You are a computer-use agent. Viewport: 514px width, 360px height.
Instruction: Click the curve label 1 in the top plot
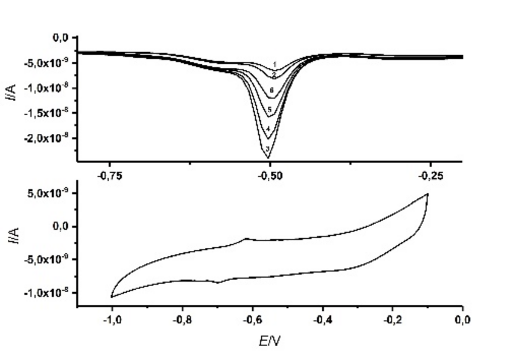pos(275,64)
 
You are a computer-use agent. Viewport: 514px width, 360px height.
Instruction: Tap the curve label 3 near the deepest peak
pos(268,149)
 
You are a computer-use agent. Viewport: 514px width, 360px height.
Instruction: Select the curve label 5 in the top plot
pos(269,109)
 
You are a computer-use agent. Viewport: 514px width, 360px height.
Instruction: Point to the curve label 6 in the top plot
pos(272,90)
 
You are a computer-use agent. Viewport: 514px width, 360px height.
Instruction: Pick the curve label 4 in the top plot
pos(268,129)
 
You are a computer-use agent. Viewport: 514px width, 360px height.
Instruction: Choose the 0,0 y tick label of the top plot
pos(60,38)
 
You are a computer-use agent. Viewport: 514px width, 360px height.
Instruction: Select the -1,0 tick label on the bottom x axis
pos(112,320)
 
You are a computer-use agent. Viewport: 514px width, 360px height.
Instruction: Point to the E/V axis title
pos(270,341)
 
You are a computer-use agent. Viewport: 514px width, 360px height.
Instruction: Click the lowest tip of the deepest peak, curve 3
pos(269,158)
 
